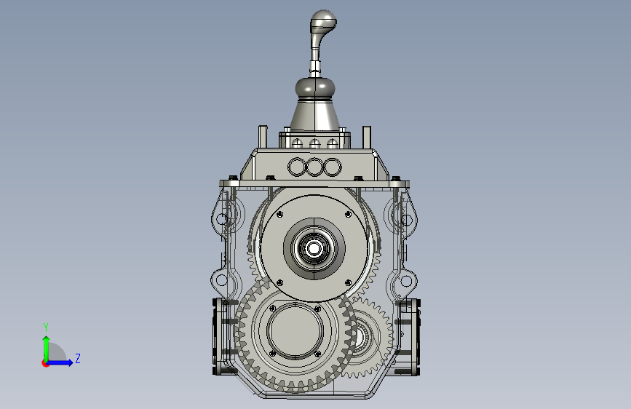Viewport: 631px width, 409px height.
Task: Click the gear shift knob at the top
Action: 322,20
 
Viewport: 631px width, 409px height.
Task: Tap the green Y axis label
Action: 46,327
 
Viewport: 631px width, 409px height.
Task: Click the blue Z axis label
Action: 78,358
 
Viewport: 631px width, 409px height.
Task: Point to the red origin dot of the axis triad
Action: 45,363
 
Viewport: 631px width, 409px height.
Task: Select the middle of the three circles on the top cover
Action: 314,167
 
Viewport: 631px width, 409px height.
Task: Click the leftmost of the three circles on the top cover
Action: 297,167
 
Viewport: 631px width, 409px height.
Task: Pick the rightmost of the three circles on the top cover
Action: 333,167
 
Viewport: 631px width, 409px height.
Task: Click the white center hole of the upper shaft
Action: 314,249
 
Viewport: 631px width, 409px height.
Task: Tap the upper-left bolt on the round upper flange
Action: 279,215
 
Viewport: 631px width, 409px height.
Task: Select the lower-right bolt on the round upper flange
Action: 349,283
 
